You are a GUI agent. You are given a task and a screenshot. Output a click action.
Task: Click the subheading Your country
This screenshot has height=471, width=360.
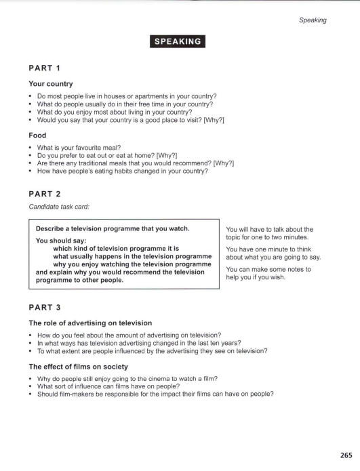(x=59, y=85)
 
